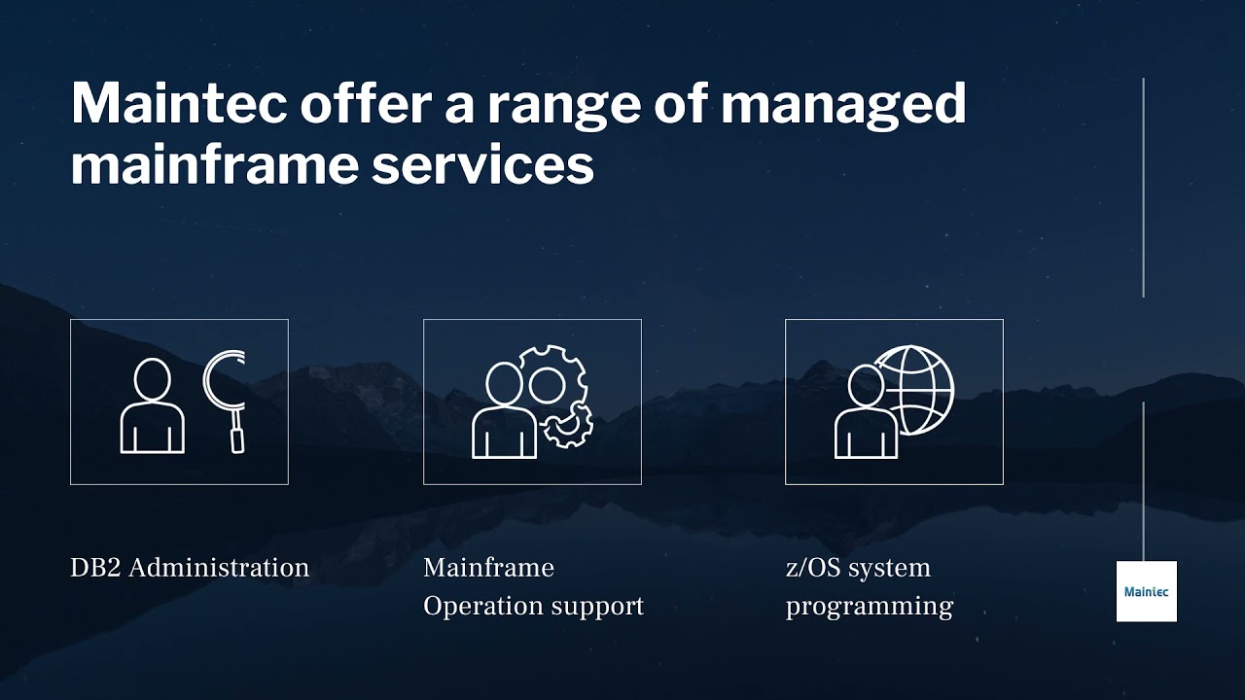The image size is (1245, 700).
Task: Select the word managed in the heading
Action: (x=842, y=104)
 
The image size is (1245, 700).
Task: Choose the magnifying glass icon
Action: (x=226, y=400)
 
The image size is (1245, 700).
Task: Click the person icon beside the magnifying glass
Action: (x=153, y=406)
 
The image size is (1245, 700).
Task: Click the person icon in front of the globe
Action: (x=865, y=412)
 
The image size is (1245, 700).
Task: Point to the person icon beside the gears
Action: (x=503, y=412)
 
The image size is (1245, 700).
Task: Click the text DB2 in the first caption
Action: (x=95, y=568)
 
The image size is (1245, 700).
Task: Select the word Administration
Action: (x=219, y=568)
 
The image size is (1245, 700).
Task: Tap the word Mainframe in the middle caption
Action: (x=488, y=568)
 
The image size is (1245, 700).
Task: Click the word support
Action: (x=598, y=607)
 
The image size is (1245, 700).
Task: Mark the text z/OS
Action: (x=813, y=568)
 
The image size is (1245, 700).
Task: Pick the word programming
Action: (x=869, y=607)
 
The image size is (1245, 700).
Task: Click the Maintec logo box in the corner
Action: (x=1146, y=591)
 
